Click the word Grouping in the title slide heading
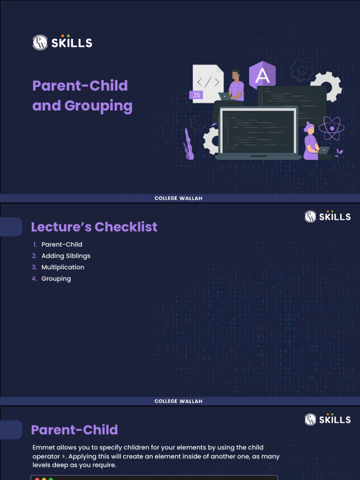click(x=98, y=106)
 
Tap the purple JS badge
click(x=196, y=95)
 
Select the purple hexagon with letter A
click(x=262, y=75)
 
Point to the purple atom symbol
click(x=331, y=127)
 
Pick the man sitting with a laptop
click(x=235, y=85)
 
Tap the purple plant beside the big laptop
click(x=188, y=145)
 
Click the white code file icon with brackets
click(x=208, y=82)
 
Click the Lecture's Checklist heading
click(x=94, y=227)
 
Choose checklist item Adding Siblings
click(x=66, y=256)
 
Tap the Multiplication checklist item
click(x=63, y=267)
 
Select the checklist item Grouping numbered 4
click(x=56, y=278)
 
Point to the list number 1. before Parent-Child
click(x=35, y=244)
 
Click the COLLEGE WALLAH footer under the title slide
click(x=179, y=198)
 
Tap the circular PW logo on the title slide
click(x=40, y=43)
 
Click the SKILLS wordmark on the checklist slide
click(x=335, y=217)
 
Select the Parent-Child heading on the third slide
click(x=75, y=430)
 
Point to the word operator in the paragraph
click(x=46, y=456)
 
